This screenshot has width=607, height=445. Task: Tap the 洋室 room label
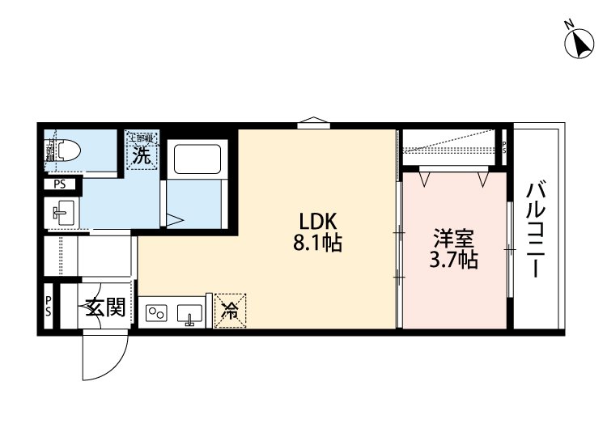453,239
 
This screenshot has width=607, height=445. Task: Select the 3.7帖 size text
453,260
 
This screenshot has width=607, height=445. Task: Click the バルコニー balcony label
535,231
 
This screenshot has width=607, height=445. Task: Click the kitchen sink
190,312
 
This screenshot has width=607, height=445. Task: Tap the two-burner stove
157,312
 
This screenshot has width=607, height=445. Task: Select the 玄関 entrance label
105,307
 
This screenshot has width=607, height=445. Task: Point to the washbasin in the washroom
62,214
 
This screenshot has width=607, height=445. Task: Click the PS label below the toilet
60,184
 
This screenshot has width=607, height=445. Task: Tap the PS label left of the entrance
49,306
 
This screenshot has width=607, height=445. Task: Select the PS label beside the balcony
504,148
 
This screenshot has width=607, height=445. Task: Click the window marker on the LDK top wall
313,124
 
